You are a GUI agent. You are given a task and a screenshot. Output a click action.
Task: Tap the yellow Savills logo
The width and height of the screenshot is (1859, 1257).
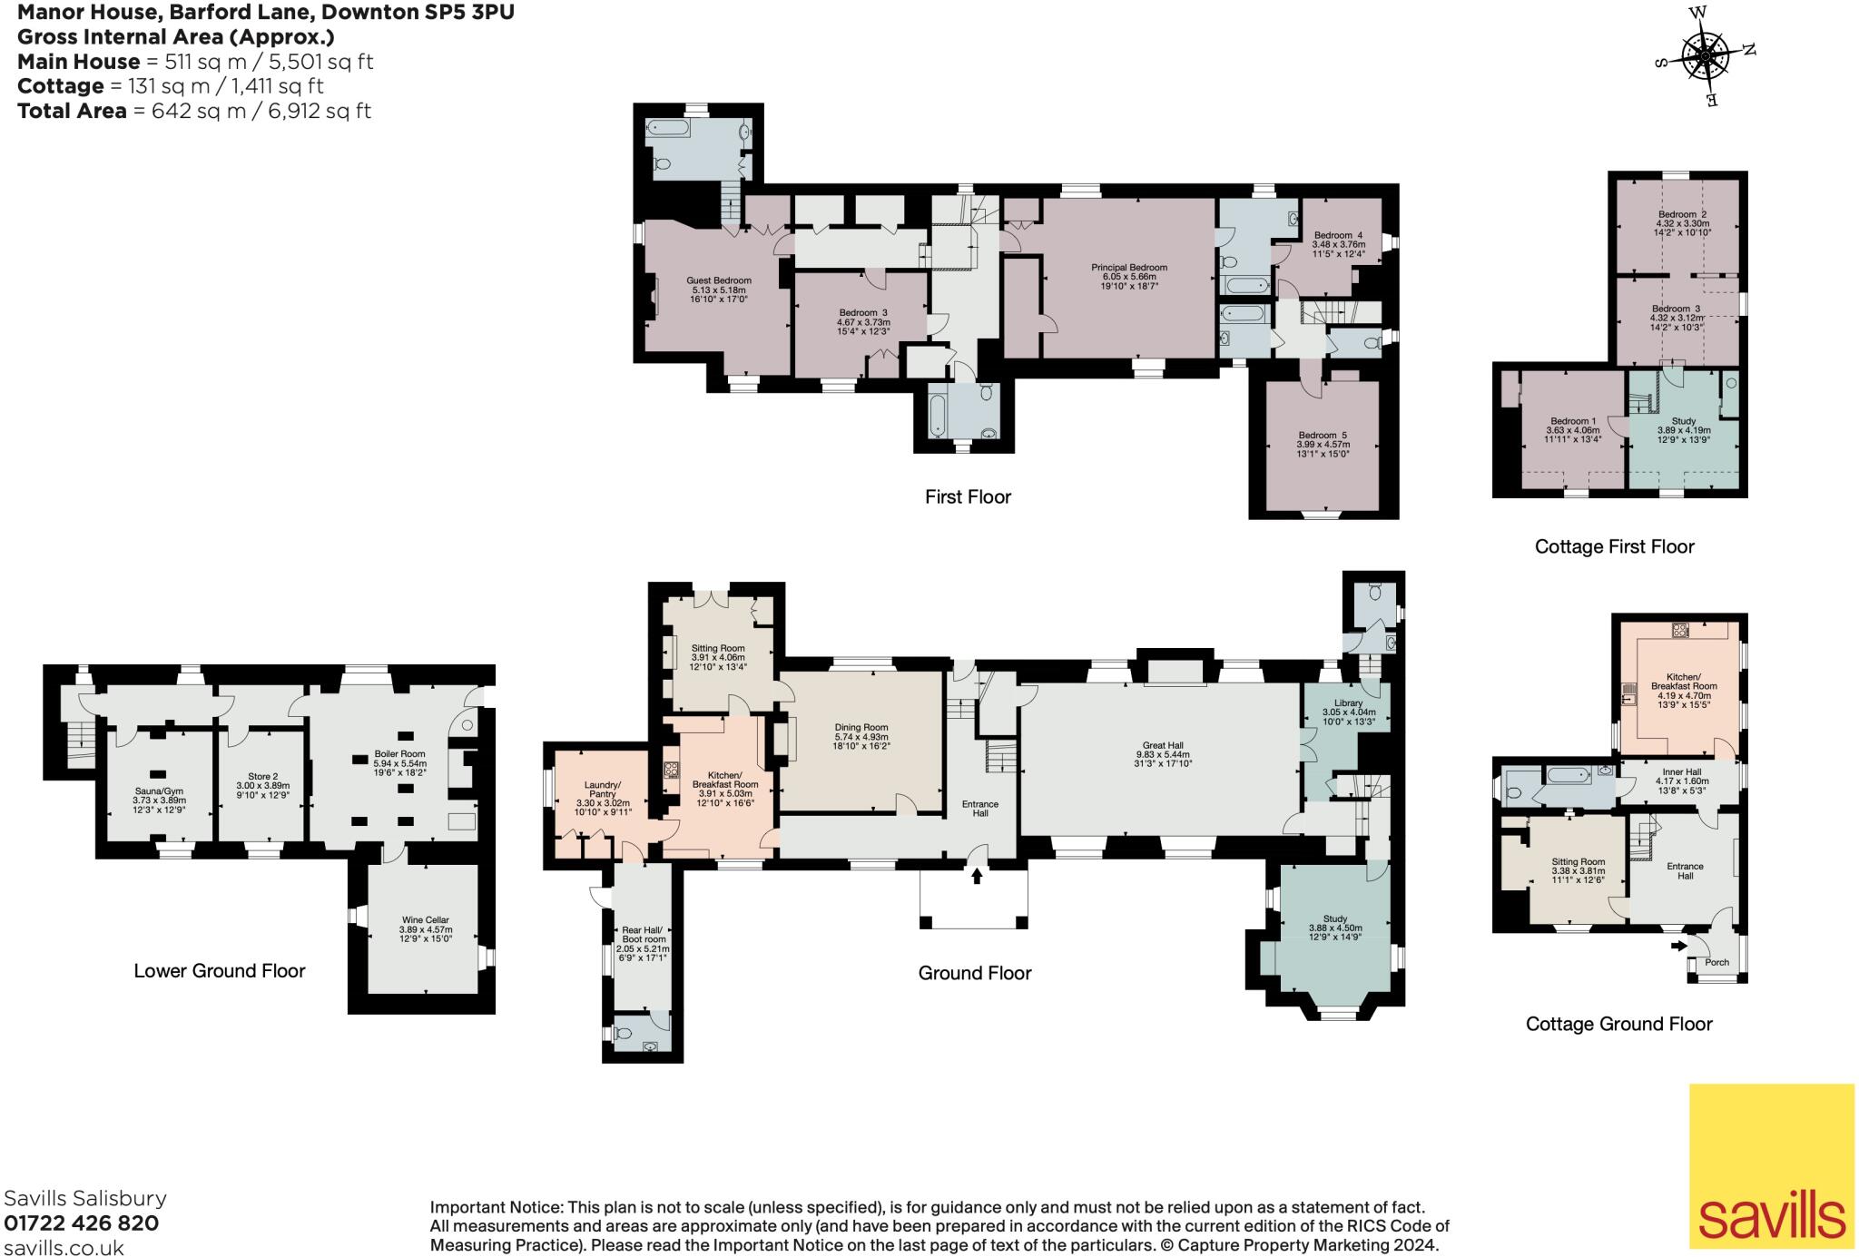click(1771, 1165)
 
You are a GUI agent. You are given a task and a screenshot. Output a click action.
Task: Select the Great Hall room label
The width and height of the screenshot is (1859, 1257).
click(1162, 754)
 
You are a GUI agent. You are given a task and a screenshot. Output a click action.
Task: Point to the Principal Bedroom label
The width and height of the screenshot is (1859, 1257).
click(1129, 268)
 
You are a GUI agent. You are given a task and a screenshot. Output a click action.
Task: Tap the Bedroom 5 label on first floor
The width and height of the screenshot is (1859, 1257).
click(1323, 436)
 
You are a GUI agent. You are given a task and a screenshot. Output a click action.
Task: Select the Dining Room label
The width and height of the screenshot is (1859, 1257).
click(861, 727)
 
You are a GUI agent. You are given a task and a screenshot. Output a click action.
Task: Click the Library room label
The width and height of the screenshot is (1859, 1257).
click(1348, 703)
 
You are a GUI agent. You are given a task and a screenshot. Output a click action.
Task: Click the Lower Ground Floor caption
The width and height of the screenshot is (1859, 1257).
click(220, 970)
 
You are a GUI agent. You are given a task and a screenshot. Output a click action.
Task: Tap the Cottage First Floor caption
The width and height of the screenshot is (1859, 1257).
click(1614, 546)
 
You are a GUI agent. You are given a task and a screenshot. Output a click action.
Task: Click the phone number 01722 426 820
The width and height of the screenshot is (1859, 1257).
click(82, 1223)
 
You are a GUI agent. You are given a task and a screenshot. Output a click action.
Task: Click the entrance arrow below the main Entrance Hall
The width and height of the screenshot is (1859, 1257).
click(977, 876)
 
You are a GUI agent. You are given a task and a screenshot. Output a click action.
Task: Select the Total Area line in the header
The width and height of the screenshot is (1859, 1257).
click(194, 111)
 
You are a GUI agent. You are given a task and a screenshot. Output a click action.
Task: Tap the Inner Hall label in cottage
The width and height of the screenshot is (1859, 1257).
click(1681, 771)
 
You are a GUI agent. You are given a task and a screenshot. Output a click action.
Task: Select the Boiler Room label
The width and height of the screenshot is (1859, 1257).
click(399, 753)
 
